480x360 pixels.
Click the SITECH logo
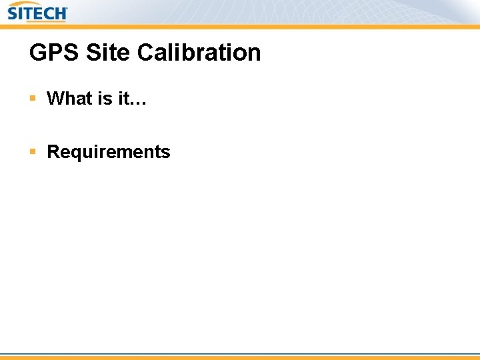point(37,12)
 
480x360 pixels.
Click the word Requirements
point(109,152)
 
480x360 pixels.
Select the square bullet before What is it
point(33,99)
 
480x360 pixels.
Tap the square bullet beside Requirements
point(33,152)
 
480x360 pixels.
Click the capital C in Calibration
point(147,53)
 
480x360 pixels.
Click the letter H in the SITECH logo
point(60,13)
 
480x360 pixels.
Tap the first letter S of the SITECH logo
point(13,13)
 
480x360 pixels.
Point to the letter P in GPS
point(55,53)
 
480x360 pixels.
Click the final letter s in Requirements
point(166,153)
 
